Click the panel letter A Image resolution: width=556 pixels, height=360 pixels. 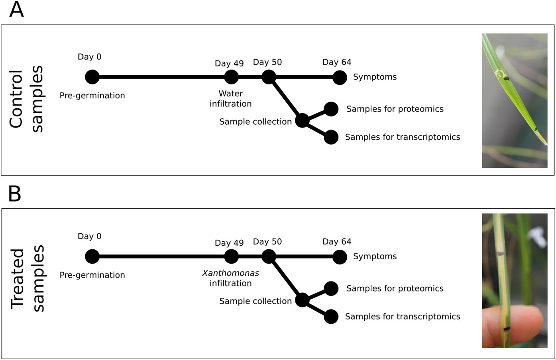tap(16, 10)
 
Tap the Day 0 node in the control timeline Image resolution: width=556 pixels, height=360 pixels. tap(92, 77)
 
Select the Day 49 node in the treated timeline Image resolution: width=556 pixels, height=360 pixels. tap(231, 256)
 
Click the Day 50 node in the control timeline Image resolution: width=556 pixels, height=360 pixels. tap(269, 77)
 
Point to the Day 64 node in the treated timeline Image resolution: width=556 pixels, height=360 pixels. tap(340, 257)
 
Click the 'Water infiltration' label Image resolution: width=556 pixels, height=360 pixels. tap(230, 99)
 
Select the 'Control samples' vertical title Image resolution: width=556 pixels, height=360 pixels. tap(26, 99)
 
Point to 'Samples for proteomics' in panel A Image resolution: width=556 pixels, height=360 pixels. tap(395, 109)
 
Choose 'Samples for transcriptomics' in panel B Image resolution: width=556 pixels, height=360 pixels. tap(402, 317)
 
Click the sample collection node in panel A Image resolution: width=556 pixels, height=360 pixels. tap(302, 120)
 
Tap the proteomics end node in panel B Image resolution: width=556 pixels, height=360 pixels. tap(331, 288)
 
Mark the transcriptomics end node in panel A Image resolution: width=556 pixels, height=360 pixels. tap(331, 137)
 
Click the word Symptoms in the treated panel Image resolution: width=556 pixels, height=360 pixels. tap(375, 256)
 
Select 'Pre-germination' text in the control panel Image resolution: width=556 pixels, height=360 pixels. tap(92, 96)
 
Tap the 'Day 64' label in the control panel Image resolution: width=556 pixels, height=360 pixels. tap(337, 62)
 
